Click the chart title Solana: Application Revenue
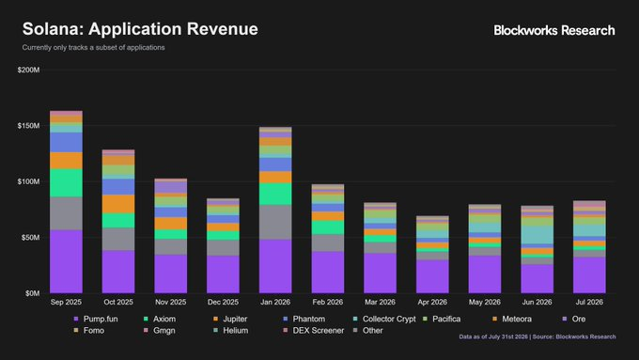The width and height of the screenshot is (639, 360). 140,29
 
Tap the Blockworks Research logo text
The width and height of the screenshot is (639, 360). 554,30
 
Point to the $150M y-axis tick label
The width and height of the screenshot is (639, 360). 28,126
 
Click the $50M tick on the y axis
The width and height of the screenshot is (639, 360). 31,237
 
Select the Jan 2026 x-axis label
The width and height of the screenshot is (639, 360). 275,302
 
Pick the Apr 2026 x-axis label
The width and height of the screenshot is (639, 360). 432,302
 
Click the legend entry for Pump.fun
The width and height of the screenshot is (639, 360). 96,319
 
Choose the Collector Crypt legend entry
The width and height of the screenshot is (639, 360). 384,319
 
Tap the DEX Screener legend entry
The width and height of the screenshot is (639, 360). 314,330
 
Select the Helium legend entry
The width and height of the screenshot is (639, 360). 230,330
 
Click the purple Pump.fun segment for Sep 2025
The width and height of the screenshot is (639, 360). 66,261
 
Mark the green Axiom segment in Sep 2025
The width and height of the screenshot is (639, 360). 66,183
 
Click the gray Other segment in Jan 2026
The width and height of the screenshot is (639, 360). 275,222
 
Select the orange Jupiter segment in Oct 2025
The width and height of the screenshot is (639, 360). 118,204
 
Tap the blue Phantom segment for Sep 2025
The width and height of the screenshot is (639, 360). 66,142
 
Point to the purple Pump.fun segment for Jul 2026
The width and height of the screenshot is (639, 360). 589,275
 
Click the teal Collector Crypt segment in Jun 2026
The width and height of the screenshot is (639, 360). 538,235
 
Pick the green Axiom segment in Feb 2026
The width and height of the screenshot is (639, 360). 328,227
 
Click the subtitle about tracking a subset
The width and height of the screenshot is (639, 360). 93,47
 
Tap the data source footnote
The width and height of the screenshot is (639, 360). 538,337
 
